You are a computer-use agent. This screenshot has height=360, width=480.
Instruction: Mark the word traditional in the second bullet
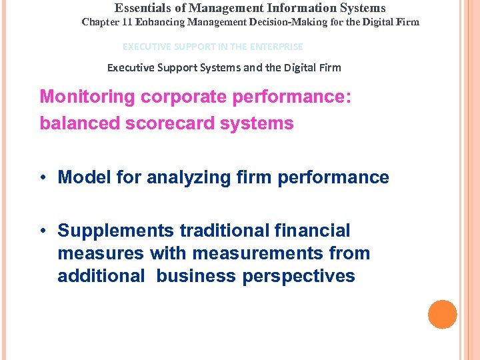pyautogui.click(x=222, y=231)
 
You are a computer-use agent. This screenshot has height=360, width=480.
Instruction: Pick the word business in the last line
pyautogui.click(x=197, y=276)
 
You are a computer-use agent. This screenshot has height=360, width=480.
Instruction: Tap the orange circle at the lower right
pyautogui.click(x=442, y=315)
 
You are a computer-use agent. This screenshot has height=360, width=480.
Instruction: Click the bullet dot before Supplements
pyautogui.click(x=42, y=231)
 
